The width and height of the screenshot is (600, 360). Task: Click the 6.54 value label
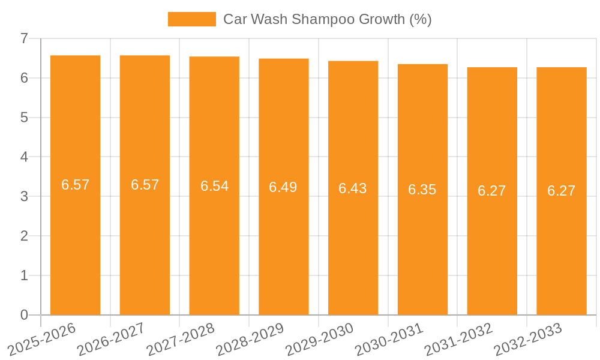[214, 186]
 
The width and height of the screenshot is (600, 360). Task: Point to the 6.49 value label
[283, 187]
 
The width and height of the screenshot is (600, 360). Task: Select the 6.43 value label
[353, 188]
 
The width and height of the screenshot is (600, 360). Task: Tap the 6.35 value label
[422, 190]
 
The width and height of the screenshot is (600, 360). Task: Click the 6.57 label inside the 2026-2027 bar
[145, 185]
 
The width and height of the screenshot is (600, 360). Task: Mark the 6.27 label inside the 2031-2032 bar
[492, 191]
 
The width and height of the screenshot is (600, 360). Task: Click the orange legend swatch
[191, 19]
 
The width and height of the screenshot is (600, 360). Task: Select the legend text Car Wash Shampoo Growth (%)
[327, 19]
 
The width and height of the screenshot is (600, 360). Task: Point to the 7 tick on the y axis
[24, 38]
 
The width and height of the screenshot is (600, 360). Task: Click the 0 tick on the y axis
[24, 315]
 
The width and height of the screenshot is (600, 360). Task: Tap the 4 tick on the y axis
[24, 157]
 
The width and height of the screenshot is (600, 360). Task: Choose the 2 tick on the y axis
[24, 236]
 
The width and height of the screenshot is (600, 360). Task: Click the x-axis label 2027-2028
[180, 339]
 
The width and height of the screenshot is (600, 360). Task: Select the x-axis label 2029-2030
[319, 339]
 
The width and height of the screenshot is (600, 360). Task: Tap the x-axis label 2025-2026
[41, 339]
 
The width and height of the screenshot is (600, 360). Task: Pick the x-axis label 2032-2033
[527, 339]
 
